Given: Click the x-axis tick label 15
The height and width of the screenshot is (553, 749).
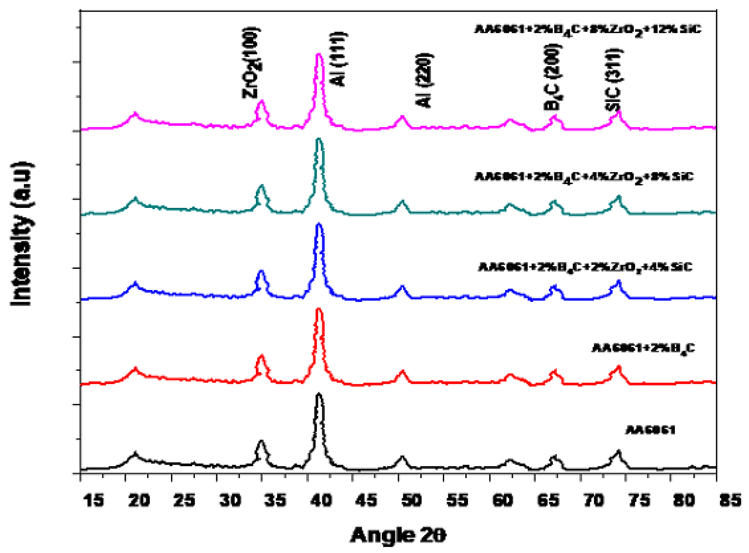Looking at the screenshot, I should point(93,500).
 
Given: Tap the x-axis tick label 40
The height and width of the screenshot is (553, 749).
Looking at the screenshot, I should point(321,500).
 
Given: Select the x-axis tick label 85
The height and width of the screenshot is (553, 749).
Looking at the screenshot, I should point(730,500).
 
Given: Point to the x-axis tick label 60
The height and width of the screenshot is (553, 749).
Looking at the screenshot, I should point(503,500).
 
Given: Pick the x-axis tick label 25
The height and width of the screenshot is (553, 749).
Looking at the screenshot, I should point(184,500).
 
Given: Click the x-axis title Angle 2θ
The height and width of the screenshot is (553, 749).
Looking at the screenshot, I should point(398,535).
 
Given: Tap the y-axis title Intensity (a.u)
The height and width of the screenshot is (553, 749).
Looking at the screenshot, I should point(21,234).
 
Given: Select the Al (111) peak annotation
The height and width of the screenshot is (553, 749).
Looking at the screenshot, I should point(338,59).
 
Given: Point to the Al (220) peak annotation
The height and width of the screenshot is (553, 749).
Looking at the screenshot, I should point(424,80).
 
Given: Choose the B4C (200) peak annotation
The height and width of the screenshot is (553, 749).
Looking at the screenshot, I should point(552,77).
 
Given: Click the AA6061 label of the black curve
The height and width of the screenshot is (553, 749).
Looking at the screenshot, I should point(651,430).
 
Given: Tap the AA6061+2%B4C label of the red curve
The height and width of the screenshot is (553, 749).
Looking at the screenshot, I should point(643,348).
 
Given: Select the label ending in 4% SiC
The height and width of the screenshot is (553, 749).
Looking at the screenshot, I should point(585,267).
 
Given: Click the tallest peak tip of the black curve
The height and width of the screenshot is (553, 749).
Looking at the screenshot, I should point(319,394).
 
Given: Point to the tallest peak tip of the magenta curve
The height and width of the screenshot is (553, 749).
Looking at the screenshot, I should point(319,54).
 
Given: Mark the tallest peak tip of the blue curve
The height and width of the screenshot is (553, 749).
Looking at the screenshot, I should point(319,225).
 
